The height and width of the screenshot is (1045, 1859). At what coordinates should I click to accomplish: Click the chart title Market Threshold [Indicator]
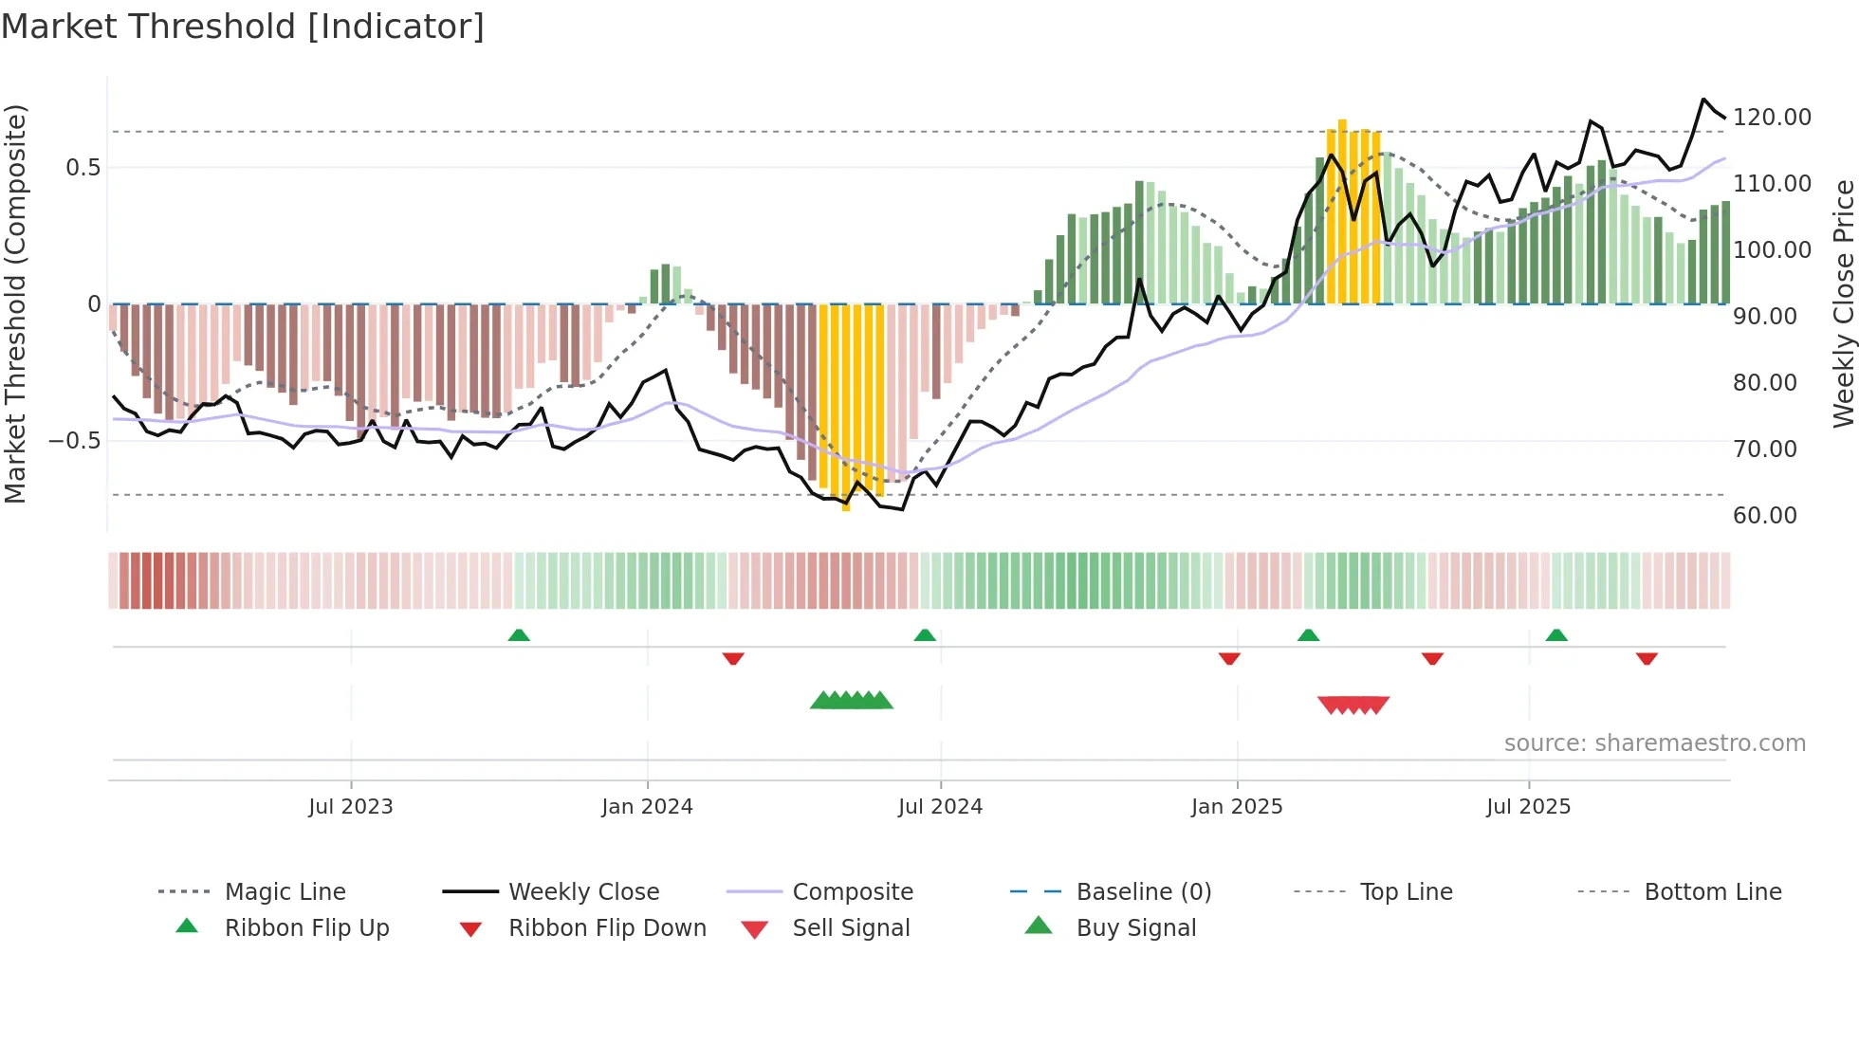pos(243,27)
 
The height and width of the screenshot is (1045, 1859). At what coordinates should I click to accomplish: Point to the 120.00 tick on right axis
pos(1771,117)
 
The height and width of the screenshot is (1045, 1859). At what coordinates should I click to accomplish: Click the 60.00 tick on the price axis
pos(1764,515)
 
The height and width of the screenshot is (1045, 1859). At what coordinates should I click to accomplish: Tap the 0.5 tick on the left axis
pos(83,168)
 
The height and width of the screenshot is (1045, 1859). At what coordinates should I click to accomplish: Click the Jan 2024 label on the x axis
pos(647,807)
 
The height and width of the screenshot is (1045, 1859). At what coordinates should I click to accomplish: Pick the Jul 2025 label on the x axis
pos(1528,807)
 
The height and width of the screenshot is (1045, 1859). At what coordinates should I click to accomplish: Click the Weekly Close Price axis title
pos(1842,303)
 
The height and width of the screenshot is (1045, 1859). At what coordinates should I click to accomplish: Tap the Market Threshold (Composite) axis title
pos(15,303)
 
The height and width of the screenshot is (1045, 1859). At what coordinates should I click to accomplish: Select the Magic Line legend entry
pos(285,892)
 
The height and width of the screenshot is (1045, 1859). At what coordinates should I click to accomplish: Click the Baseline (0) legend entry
pos(1143,892)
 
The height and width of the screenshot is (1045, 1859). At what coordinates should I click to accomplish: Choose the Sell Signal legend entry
pos(850,928)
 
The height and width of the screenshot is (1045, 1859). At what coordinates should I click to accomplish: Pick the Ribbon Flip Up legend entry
pos(306,928)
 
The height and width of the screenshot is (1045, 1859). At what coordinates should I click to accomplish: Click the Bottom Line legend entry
pos(1712,892)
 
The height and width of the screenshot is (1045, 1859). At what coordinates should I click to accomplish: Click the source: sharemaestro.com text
pos(1654,743)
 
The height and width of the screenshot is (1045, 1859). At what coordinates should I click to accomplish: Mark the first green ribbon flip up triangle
pos(519,635)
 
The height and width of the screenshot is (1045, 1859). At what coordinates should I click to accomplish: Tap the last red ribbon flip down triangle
pos(1647,658)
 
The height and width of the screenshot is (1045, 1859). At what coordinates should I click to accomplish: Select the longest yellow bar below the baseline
pos(846,408)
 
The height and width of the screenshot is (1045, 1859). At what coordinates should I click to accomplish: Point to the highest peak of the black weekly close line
pos(1703,100)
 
